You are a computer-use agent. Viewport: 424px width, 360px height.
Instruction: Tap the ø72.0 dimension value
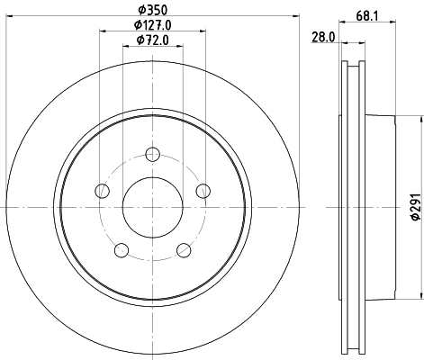(153, 40)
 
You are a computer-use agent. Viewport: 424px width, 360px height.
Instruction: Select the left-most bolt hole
(103, 190)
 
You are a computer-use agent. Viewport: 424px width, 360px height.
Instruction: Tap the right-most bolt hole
(203, 190)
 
